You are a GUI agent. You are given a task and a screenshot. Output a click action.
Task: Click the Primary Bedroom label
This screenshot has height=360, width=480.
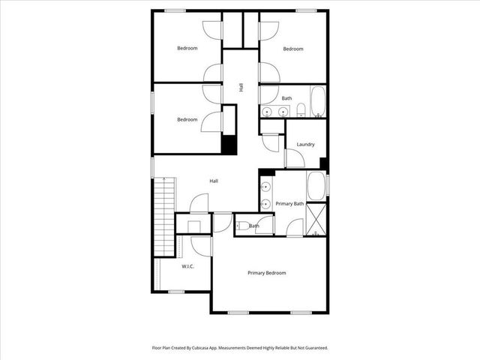[x=266, y=273]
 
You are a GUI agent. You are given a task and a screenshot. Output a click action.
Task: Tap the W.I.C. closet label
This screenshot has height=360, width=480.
[x=188, y=266]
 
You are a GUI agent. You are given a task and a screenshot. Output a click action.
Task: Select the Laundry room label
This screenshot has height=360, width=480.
[x=305, y=144]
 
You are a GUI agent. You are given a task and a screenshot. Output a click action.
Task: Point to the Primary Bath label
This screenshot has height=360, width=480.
[x=289, y=204]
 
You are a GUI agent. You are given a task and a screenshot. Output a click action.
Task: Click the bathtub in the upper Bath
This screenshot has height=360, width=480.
[x=318, y=103]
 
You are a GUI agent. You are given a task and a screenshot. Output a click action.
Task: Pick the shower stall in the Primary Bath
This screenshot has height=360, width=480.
[x=316, y=219]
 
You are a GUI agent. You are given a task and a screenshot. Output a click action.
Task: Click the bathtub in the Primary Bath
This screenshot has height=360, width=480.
[x=316, y=186]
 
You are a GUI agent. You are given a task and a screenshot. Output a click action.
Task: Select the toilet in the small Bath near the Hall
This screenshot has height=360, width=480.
[x=242, y=225]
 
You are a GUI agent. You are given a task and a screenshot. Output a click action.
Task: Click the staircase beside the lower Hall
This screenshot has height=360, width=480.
[x=163, y=217]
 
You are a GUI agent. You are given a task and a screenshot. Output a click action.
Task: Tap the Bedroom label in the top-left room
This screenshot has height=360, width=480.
[x=187, y=49]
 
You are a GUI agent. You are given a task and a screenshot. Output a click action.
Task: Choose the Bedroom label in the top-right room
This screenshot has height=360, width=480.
[x=292, y=49]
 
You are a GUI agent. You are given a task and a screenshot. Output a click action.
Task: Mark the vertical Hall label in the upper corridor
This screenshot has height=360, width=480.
[x=241, y=87]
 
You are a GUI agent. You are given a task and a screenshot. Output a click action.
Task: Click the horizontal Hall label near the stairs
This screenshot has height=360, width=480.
[x=214, y=181]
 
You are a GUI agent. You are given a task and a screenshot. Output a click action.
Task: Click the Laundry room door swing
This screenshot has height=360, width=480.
[x=294, y=158]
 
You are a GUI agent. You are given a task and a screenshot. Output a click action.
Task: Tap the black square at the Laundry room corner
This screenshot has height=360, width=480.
[x=323, y=163]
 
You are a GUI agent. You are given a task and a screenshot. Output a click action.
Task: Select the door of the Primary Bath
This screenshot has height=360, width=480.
[x=295, y=226]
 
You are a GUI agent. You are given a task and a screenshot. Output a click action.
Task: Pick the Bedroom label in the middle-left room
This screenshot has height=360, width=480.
[x=187, y=119]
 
